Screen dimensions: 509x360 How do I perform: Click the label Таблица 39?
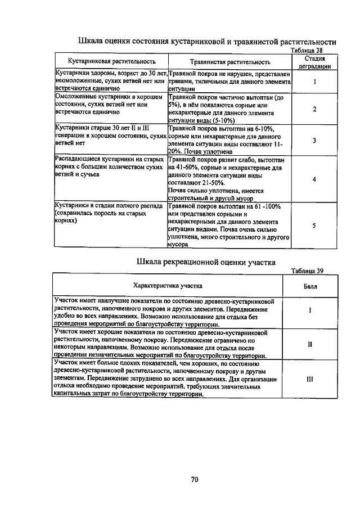[307, 270]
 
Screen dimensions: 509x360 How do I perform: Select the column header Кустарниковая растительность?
[111, 61]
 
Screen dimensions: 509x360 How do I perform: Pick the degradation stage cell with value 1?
[314, 82]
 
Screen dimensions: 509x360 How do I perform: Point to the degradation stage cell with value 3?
[314, 140]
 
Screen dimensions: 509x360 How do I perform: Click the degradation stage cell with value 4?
[314, 179]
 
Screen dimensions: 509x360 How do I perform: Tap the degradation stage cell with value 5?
[314, 225]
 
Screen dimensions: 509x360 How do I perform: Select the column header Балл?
[309, 286]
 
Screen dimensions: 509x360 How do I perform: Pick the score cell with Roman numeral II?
[309, 344]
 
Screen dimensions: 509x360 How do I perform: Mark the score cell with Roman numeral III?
[309, 379]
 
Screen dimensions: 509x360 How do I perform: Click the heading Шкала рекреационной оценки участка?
[206, 262]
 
